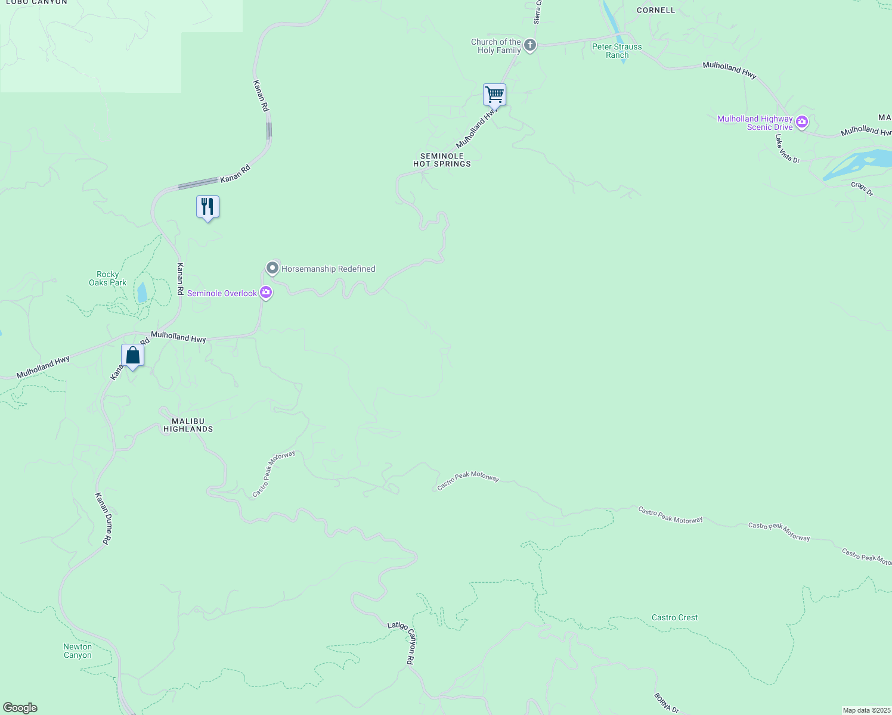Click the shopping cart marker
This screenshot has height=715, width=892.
(x=494, y=95)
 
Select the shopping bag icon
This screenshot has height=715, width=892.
(x=132, y=356)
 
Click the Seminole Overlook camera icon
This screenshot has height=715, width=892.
(x=266, y=293)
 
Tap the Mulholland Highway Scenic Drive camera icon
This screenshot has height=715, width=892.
(x=802, y=123)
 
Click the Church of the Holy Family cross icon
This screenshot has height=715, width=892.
(x=529, y=45)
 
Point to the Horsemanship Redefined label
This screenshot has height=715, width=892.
(x=328, y=269)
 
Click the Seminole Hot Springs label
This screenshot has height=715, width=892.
(x=442, y=160)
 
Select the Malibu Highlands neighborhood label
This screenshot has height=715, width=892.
(x=188, y=425)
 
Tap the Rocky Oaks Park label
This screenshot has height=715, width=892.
(x=107, y=279)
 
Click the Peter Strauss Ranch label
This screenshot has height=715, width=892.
(x=617, y=51)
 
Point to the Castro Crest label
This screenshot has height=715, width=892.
(x=674, y=617)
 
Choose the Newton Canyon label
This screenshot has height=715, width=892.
(x=78, y=651)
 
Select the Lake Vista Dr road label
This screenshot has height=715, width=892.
(x=787, y=148)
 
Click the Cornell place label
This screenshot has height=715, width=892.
(x=656, y=10)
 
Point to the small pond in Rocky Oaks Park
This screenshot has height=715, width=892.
(x=142, y=293)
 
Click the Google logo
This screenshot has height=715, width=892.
(x=20, y=708)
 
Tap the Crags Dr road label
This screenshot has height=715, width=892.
(x=862, y=189)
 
